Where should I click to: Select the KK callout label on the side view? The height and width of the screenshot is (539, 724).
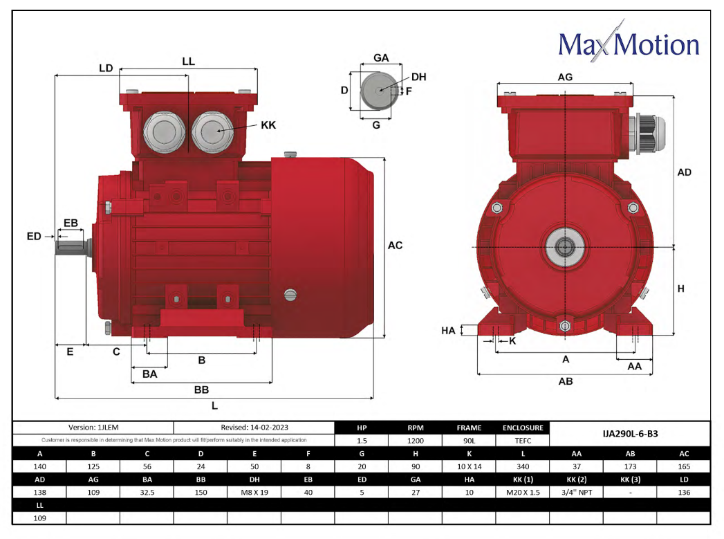(x=268, y=125)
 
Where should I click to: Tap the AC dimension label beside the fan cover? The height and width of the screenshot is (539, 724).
(x=395, y=245)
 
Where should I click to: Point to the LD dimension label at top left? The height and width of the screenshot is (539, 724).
(x=106, y=68)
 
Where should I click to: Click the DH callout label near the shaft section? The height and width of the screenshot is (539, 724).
(x=418, y=77)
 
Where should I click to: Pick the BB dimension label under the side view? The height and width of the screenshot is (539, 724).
(x=201, y=390)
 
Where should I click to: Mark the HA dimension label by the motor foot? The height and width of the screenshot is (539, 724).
(x=448, y=331)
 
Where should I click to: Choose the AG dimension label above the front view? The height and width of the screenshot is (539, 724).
(x=565, y=77)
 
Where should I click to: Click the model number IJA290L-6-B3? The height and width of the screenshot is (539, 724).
(x=630, y=434)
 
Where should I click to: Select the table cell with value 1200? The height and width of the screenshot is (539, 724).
(x=416, y=441)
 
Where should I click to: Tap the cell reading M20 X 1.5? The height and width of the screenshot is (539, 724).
(x=523, y=493)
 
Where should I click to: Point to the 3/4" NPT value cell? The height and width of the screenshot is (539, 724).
(x=577, y=493)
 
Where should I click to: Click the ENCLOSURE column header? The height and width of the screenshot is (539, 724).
(x=523, y=428)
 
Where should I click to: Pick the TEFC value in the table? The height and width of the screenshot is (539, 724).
(x=523, y=441)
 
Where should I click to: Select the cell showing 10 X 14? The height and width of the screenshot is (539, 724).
(x=469, y=466)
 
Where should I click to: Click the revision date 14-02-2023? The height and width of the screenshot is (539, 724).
(x=269, y=427)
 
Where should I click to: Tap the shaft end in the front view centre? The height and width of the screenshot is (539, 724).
(x=564, y=247)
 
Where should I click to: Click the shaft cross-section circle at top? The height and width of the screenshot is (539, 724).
(x=377, y=90)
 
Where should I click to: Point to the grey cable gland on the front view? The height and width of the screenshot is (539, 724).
(x=646, y=134)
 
